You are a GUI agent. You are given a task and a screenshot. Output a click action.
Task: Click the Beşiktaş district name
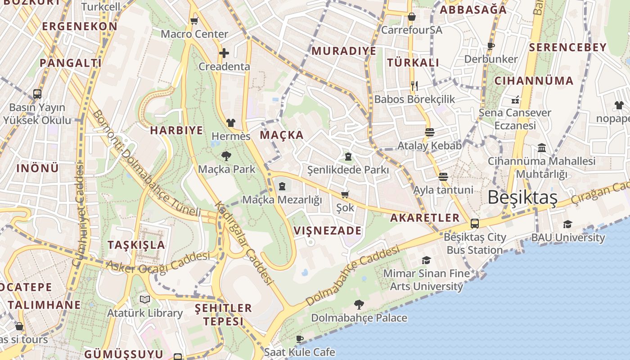tap(522, 197)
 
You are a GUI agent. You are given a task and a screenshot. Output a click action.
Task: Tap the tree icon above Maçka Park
tap(226, 156)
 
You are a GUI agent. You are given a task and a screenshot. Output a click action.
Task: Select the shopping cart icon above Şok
tap(345, 194)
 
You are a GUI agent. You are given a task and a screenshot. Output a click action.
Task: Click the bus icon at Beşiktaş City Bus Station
tap(474, 224)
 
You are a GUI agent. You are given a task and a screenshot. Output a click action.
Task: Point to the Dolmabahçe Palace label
tap(359, 318)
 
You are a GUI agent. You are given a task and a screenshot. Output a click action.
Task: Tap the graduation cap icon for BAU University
tap(567, 224)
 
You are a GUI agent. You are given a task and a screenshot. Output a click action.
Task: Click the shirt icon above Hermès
tap(231, 122)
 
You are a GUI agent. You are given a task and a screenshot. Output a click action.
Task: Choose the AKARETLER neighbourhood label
tap(425, 218)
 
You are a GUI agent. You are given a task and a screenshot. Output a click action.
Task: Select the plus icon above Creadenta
tap(224, 53)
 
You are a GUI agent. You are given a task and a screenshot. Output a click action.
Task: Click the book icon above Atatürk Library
tap(144, 299)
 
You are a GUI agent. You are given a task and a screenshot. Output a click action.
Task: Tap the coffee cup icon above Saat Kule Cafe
tap(300, 338)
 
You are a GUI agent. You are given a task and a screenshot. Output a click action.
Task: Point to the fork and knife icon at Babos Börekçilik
tap(414, 85)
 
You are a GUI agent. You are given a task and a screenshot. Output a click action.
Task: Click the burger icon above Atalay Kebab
tap(430, 132)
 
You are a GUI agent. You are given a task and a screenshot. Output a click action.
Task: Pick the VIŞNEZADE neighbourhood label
tap(327, 231)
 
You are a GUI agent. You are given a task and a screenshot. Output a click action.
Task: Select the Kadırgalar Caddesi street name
tap(244, 243)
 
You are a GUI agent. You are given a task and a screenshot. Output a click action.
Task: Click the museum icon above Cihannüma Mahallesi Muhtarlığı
tap(542, 148)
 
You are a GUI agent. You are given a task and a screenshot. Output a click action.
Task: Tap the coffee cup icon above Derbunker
tap(490, 46)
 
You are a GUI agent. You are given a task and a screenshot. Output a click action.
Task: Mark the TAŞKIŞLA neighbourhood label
tap(136, 245)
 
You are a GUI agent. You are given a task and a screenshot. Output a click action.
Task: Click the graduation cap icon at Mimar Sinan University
tap(426, 260)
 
